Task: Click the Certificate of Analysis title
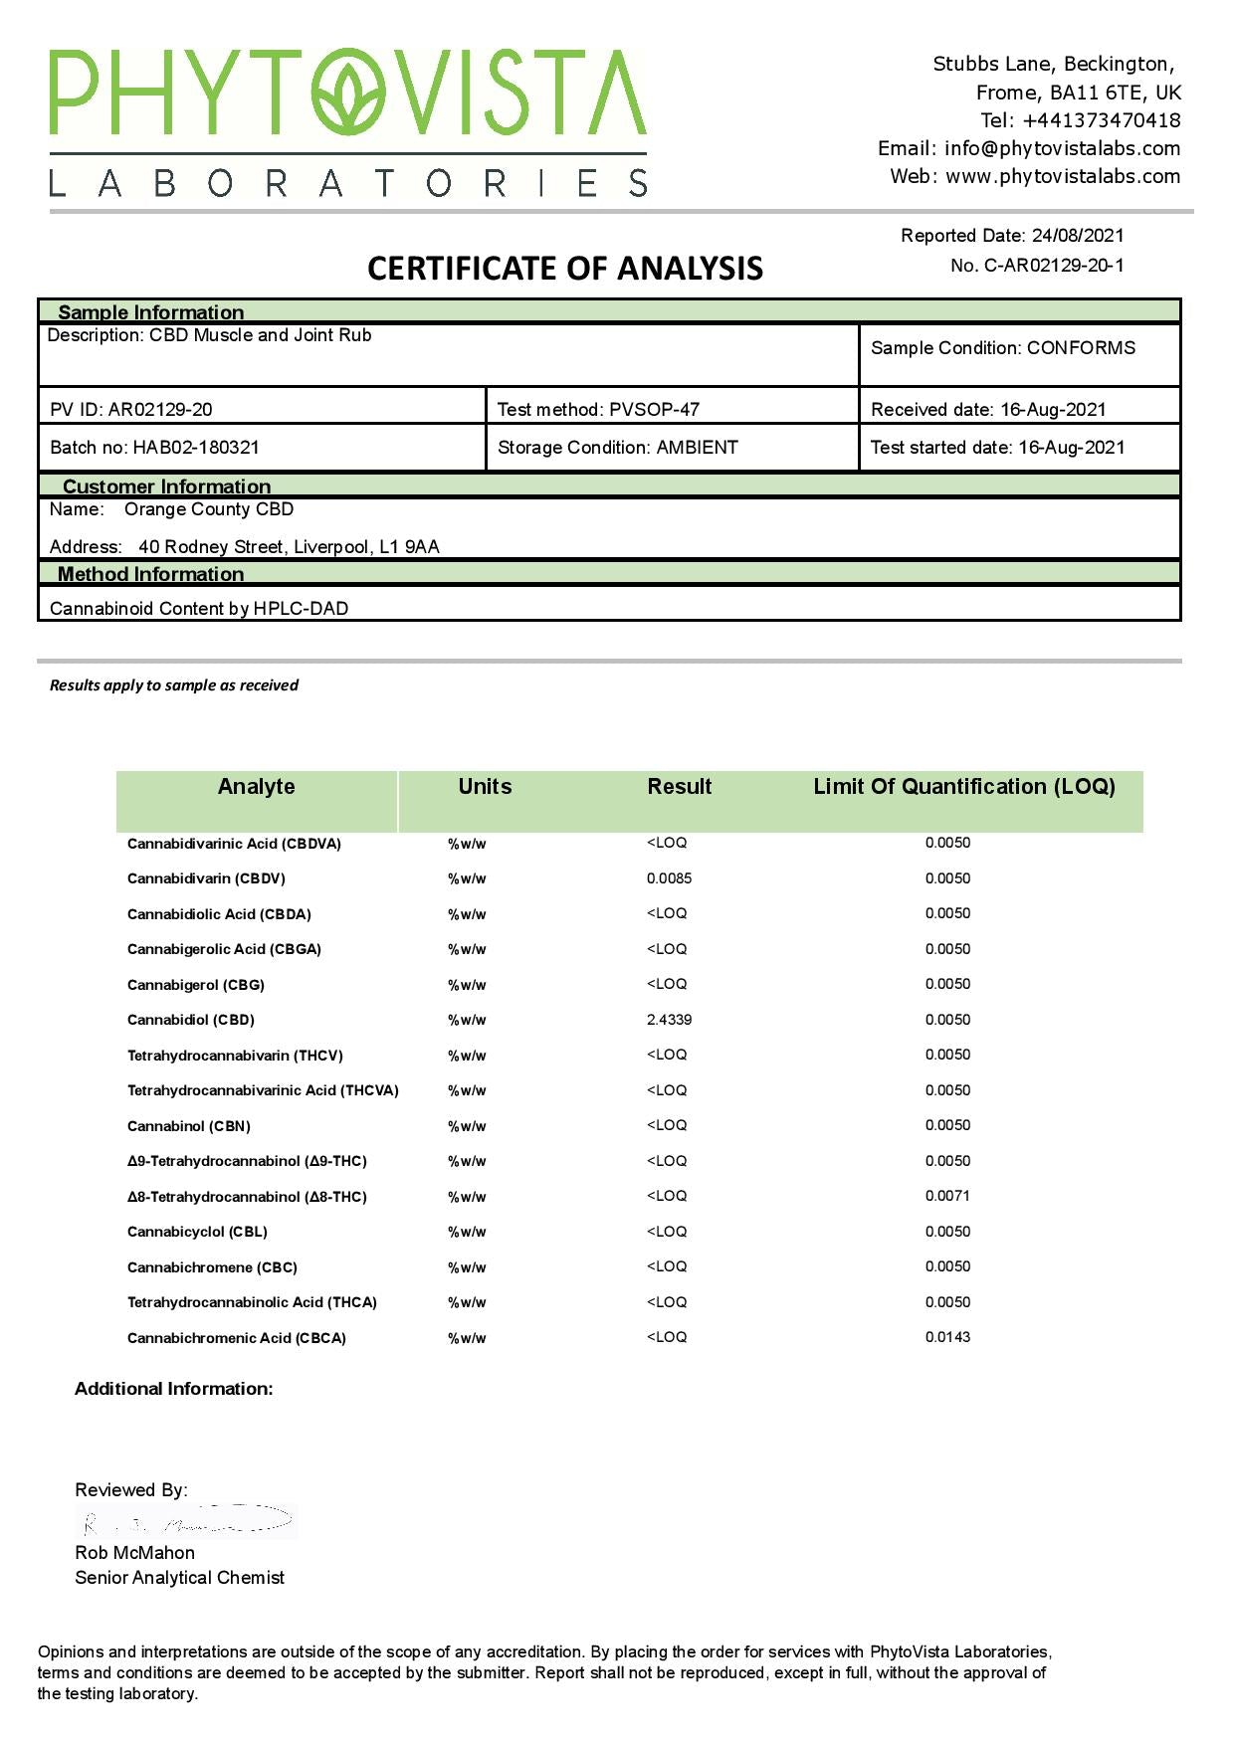[x=565, y=268]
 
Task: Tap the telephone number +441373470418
[x=1101, y=120]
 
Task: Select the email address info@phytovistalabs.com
[x=1062, y=148]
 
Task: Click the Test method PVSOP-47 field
[x=598, y=410]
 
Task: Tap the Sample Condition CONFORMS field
[x=1002, y=348]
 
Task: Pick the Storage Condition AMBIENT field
[x=617, y=448]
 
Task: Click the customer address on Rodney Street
[x=289, y=547]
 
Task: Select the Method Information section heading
[x=150, y=574]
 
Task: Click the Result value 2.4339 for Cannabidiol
[x=669, y=1020]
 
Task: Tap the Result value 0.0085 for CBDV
[x=669, y=878]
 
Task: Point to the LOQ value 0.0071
[x=947, y=1196]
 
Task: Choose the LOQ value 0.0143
[x=947, y=1337]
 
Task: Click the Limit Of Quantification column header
[x=963, y=787]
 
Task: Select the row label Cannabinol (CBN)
[x=189, y=1126]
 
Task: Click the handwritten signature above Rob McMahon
[x=187, y=1521]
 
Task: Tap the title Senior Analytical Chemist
[x=179, y=1578]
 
